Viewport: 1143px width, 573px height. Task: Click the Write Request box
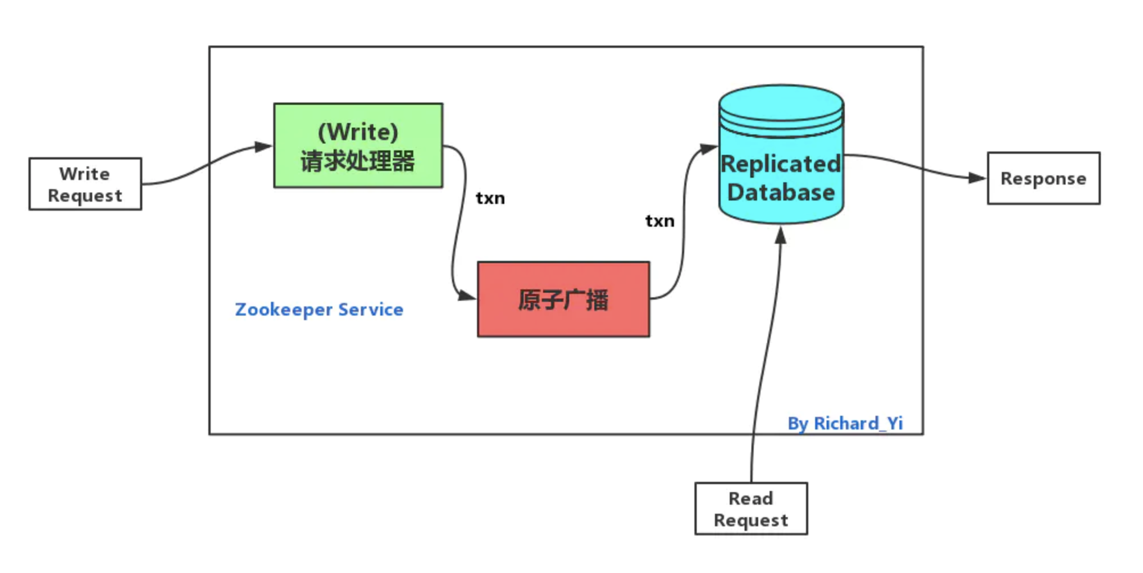85,184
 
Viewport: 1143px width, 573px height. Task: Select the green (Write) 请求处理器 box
358,146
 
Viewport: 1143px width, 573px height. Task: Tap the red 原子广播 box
564,300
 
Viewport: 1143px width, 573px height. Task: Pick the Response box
1043,178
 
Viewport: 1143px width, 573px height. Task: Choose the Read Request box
751,509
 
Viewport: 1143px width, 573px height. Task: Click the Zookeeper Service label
319,309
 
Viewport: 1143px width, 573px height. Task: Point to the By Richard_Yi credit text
845,423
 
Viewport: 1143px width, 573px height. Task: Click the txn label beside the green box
490,198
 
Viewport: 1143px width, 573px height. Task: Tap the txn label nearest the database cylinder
660,221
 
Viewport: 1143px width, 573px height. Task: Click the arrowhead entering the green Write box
264,147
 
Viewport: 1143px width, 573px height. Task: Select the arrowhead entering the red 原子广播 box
467,296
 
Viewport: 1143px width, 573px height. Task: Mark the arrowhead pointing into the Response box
977,178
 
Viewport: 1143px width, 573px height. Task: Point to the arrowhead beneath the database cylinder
781,235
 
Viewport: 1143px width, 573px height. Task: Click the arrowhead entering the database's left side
708,149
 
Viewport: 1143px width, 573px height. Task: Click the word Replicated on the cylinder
781,164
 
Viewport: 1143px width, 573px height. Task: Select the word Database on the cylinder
781,193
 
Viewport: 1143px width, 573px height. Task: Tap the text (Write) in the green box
358,132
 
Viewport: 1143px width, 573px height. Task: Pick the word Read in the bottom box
751,498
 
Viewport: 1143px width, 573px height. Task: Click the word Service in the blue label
371,309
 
